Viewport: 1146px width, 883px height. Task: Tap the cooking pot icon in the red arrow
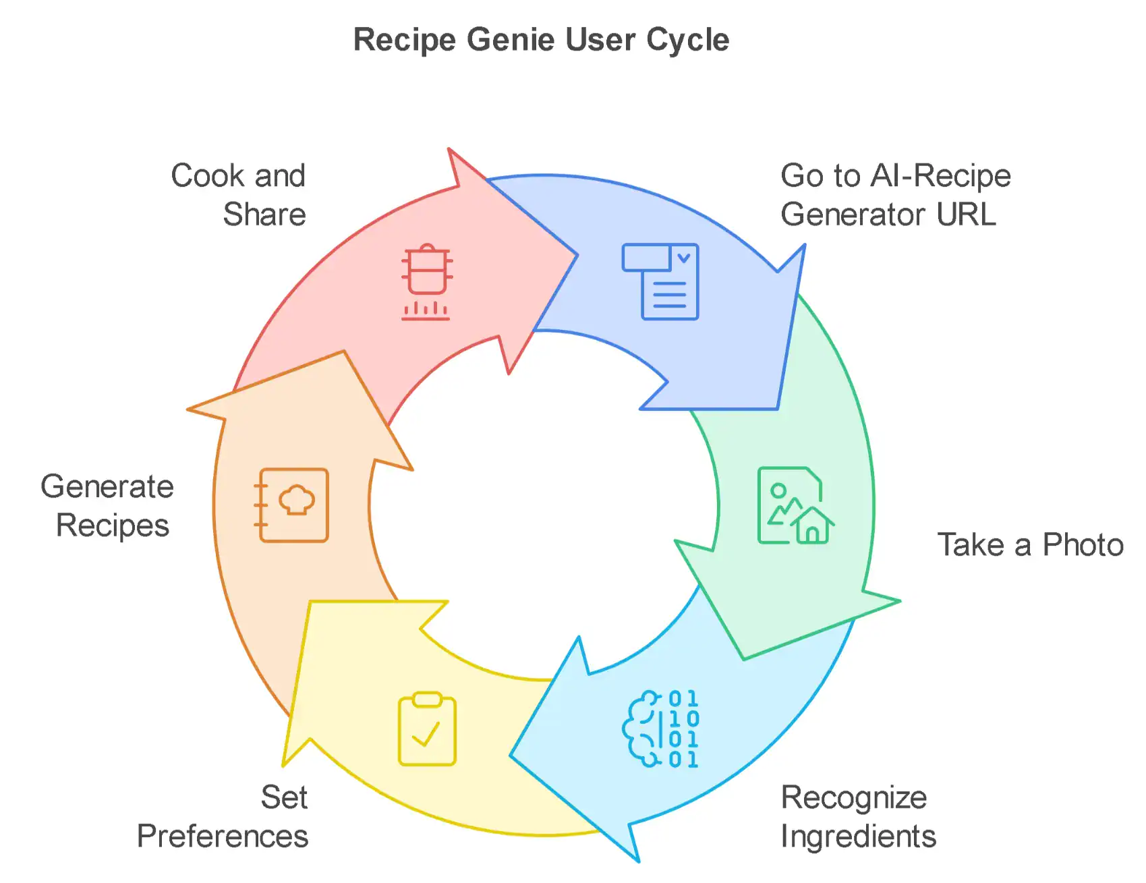point(426,281)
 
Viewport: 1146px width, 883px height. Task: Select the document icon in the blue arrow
point(660,281)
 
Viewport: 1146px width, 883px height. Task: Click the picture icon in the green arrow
point(795,505)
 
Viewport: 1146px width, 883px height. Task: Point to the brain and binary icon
point(660,729)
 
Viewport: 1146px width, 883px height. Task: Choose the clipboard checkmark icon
point(427,729)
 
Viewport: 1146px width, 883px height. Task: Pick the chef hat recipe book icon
point(293,505)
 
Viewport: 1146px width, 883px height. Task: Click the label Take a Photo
point(1030,545)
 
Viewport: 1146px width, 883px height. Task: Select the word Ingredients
point(858,836)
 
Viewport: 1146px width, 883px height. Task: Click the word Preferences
point(223,836)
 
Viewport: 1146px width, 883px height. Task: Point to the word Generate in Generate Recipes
point(107,486)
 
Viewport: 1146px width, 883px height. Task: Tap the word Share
point(264,215)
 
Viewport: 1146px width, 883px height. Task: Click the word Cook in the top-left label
point(207,176)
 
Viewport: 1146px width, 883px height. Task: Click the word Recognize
point(853,798)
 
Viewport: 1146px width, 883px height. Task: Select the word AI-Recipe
point(940,176)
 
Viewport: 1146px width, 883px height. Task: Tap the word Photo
point(1083,545)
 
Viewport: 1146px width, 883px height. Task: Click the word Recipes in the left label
point(113,525)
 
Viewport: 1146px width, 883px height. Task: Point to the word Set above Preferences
point(284,798)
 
